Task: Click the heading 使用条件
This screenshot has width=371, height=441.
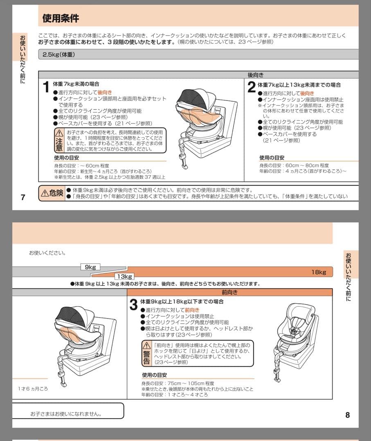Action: [x=61, y=18]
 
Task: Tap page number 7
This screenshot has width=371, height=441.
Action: [x=23, y=198]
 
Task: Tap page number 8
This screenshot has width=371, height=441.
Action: [x=347, y=415]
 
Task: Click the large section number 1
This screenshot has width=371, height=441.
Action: [x=47, y=87]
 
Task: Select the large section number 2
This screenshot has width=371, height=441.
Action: [x=251, y=87]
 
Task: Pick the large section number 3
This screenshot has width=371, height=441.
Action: [x=133, y=305]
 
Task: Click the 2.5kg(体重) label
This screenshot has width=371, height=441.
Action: [x=58, y=54]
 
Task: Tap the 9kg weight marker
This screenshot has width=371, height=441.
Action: [x=90, y=267]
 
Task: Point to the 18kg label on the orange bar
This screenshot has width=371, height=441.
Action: [x=318, y=272]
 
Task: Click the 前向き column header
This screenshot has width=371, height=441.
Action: [x=229, y=292]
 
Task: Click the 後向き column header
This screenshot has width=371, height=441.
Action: [x=256, y=75]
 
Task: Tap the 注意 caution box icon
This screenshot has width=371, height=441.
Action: [x=59, y=140]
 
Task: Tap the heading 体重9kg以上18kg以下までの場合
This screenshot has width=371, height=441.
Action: [x=182, y=302]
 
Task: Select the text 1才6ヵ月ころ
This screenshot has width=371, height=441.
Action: [x=33, y=389]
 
